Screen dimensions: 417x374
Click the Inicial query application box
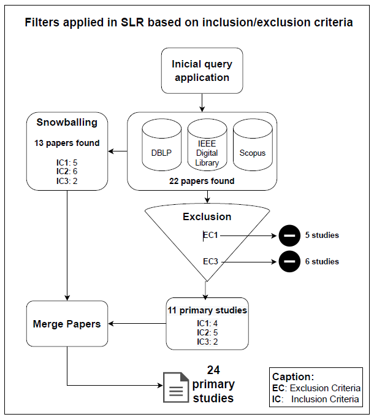pyautogui.click(x=202, y=71)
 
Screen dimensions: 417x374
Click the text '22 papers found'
pyautogui.click(x=202, y=181)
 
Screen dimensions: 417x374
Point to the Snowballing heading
pyautogui.click(x=67, y=122)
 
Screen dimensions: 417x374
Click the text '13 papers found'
pyautogui.click(x=67, y=143)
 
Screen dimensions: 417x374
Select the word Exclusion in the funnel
pyautogui.click(x=207, y=216)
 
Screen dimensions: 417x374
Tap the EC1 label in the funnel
pyautogui.click(x=211, y=235)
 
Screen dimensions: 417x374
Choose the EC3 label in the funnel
pyautogui.click(x=211, y=262)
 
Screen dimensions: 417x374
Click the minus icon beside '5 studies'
pyautogui.click(x=289, y=235)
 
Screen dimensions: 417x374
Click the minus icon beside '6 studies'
pyautogui.click(x=289, y=262)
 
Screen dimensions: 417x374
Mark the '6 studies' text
pyautogui.click(x=322, y=262)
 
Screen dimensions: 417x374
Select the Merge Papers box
pyautogui.click(x=67, y=324)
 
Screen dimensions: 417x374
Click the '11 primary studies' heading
pyautogui.click(x=207, y=310)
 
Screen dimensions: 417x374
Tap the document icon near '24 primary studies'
pyautogui.click(x=175, y=386)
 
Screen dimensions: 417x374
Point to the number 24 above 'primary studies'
pyautogui.click(x=213, y=370)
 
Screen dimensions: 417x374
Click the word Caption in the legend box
pyautogui.click(x=293, y=377)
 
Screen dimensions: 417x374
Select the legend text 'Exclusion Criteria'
pyautogui.click(x=325, y=388)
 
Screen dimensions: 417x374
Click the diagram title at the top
pyautogui.click(x=188, y=23)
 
